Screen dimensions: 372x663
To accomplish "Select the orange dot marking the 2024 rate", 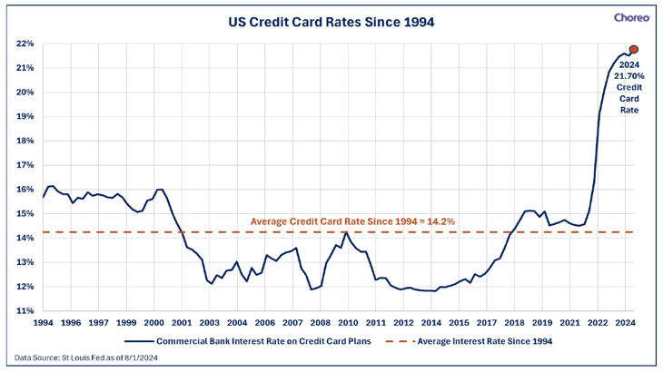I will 634,50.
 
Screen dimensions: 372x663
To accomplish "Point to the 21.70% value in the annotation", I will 629,76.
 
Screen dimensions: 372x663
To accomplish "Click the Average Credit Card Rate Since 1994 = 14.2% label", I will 353,220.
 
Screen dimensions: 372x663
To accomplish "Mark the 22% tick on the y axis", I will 25,44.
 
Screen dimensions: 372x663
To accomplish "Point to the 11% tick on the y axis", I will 25,310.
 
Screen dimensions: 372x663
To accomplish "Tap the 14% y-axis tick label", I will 25,238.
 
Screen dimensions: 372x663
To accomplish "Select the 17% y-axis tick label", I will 25,165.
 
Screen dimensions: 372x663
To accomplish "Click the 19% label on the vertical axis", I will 25,116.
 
